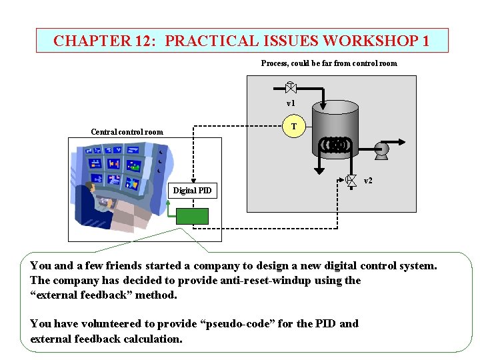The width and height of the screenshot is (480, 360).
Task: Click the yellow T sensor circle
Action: pos(295,127)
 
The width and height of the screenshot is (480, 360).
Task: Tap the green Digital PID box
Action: pos(192,216)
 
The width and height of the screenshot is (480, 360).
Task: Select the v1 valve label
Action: pos(291,103)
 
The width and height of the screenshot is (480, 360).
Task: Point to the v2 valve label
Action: pos(368,181)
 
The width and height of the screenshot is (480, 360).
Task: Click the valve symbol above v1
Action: pos(290,87)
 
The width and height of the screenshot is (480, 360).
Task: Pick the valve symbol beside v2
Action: pos(351,179)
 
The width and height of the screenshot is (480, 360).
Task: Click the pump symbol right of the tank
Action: pos(382,150)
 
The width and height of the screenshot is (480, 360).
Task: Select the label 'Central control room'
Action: pos(127,131)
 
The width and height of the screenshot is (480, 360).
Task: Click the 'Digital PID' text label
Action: pos(192,191)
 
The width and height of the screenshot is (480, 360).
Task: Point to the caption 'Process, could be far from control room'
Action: pos(329,63)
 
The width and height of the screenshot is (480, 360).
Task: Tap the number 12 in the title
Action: pos(145,41)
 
